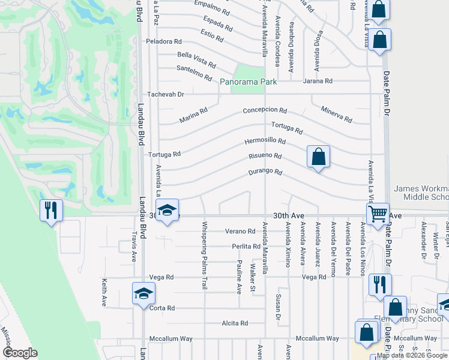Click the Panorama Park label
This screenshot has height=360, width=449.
(x=247, y=82)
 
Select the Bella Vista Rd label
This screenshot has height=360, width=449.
(x=196, y=59)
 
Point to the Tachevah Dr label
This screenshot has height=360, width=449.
(x=166, y=94)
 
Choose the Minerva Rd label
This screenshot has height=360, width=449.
(x=337, y=113)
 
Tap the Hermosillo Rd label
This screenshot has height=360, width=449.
(x=265, y=141)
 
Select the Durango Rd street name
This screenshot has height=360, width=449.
(x=265, y=173)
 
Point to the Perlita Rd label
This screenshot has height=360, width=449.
(x=246, y=247)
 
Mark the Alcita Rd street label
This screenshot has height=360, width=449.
(x=235, y=323)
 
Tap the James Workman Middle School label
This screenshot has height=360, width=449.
(x=421, y=193)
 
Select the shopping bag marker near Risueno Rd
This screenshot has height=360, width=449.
(x=318, y=157)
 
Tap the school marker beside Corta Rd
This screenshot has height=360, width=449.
(x=143, y=293)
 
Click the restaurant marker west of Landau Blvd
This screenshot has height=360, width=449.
(x=50, y=210)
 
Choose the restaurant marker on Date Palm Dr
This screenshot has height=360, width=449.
(x=379, y=284)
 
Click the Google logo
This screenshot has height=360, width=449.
(x=20, y=353)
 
